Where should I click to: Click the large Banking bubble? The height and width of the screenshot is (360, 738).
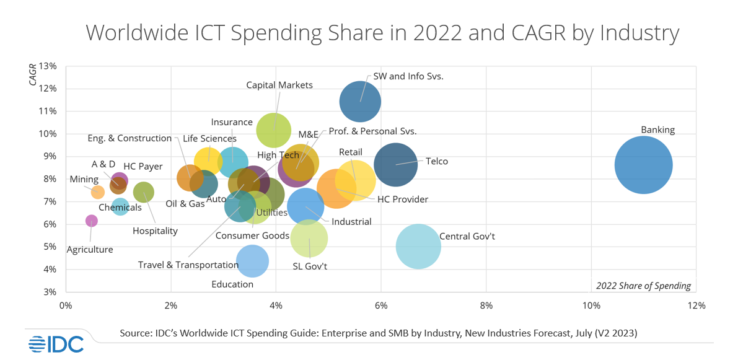[644, 165]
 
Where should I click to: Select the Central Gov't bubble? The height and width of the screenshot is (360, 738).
[418, 246]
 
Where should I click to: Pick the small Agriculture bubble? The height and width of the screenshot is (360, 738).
[91, 221]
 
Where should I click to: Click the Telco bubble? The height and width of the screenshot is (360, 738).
[395, 164]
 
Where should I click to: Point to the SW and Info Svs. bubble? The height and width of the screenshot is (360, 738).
[360, 102]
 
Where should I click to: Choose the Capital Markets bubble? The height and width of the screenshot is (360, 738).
[273, 130]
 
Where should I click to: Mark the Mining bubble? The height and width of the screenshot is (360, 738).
[98, 192]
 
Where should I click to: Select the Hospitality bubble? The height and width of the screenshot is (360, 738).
[143, 192]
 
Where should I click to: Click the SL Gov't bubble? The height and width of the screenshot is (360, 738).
[309, 239]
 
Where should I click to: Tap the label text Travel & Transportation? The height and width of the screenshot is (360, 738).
[188, 265]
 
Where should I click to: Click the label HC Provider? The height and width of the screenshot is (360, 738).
[403, 199]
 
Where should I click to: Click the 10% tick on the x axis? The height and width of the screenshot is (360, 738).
[591, 305]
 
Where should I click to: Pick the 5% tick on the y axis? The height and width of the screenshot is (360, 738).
[50, 247]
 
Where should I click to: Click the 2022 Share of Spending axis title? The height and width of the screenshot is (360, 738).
[643, 286]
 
